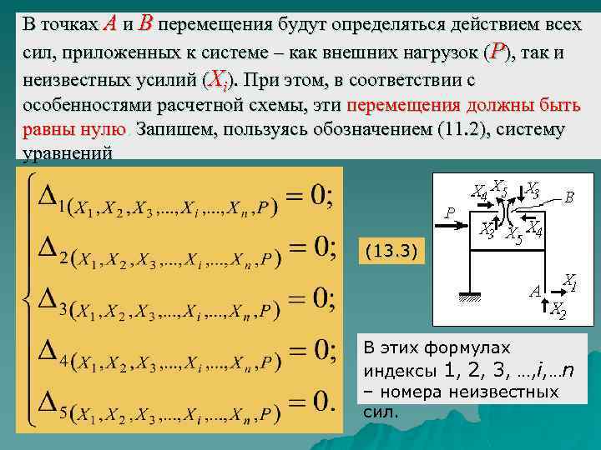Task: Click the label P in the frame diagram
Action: [449, 213]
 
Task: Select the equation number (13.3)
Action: [391, 250]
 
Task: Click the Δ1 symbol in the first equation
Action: [52, 197]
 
